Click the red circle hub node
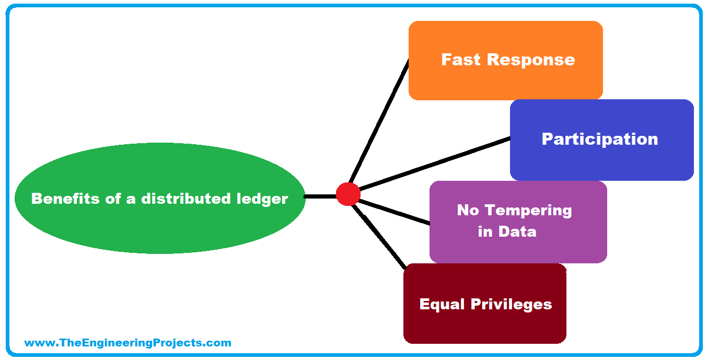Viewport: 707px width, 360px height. pos(348,194)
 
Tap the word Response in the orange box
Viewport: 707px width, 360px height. pos(531,60)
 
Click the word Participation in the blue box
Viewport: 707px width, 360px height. pos(600,139)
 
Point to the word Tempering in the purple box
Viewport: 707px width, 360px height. pos(528,211)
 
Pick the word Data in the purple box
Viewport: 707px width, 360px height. pos(518,231)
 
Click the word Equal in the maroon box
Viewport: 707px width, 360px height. pos(442,304)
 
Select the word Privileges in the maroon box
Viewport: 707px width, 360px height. pos(512,304)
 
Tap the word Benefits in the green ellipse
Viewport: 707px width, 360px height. pos(65,199)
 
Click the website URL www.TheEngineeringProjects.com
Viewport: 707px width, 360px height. pos(128,343)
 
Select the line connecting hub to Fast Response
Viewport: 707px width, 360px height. pos(379,121)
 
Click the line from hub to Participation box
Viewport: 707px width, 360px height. pos(434,164)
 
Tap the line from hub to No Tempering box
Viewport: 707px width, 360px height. pos(395,212)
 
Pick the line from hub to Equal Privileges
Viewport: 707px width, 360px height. pos(379,237)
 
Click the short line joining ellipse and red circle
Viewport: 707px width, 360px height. pos(320,196)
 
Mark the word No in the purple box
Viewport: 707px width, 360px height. pos(468,211)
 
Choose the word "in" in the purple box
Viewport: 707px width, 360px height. pos(485,231)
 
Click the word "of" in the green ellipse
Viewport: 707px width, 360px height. pos(113,199)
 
